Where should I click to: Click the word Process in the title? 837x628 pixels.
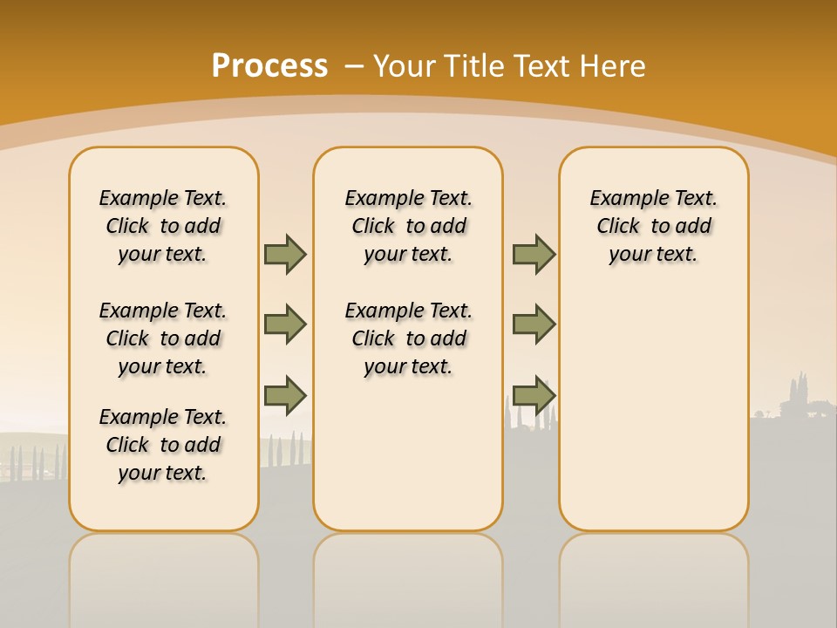[269, 65]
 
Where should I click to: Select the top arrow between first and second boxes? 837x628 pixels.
[285, 254]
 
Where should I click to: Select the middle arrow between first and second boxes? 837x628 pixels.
[285, 324]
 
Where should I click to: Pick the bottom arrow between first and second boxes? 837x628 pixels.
[285, 395]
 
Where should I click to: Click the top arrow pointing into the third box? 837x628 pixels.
[534, 254]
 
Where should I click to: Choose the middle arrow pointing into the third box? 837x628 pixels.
[534, 324]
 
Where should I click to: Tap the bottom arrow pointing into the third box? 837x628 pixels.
[534, 395]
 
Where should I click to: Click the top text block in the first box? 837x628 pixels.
[163, 226]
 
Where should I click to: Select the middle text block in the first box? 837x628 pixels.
[163, 338]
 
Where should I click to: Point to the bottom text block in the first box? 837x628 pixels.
[163, 445]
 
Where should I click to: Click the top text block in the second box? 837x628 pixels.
[409, 226]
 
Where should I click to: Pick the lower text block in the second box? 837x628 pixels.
[409, 338]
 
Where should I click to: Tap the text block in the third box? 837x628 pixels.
[654, 226]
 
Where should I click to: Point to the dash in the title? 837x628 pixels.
[354, 66]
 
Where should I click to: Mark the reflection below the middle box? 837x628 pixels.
[408, 576]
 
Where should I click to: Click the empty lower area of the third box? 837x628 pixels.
[654, 419]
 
